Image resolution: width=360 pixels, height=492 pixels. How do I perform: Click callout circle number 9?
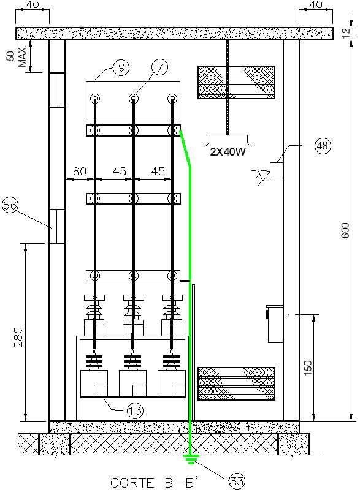coord(121,69)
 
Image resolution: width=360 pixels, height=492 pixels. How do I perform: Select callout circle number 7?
coord(159,69)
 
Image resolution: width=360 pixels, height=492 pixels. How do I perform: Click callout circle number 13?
coord(136,409)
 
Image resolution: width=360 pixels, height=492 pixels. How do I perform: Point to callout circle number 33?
coord(237,482)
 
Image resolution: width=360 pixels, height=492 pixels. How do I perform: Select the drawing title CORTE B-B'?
coord(145,482)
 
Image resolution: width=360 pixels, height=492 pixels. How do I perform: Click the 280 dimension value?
coord(18,338)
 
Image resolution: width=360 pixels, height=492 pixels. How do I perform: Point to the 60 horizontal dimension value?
coord(79,172)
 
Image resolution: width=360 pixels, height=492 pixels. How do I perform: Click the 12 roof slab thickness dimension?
coord(351,32)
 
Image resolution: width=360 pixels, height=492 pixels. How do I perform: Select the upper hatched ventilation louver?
coord(236,81)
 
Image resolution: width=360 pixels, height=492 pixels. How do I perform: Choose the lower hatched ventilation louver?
coord(236,384)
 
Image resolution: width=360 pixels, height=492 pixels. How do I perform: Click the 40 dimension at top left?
coord(37,5)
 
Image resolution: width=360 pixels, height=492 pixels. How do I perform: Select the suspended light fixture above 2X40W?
coord(228,138)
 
